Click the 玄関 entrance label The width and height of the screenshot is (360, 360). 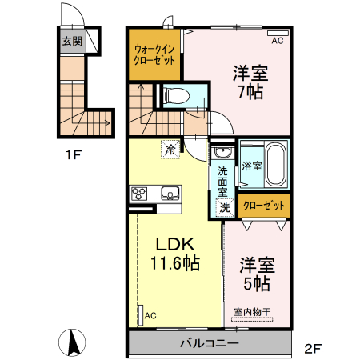coord(73,42)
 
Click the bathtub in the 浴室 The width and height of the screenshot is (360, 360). coord(276,163)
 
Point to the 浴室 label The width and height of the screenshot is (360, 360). coord(253,166)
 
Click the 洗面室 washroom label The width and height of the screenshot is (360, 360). coord(224,181)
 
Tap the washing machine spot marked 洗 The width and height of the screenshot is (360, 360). coord(226,206)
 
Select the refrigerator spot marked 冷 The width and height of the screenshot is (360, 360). coord(170,148)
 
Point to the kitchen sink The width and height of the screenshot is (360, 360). coord(170,192)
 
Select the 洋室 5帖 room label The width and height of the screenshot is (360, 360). coord(256,273)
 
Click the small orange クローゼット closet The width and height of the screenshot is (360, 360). coord(264,206)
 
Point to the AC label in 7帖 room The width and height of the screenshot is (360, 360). coord(278,39)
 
